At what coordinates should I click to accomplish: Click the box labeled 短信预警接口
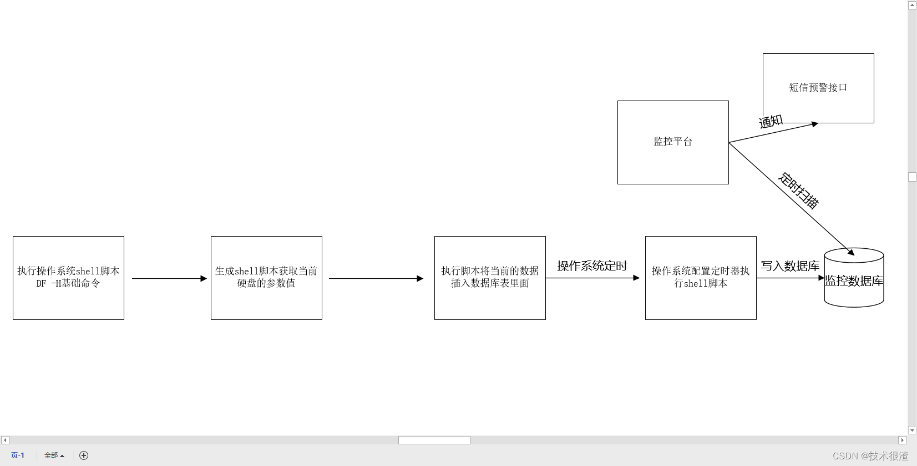(x=818, y=88)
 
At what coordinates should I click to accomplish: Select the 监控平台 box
(x=673, y=142)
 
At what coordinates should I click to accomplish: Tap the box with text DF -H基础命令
(x=68, y=278)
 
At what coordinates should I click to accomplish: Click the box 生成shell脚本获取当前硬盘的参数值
(x=266, y=278)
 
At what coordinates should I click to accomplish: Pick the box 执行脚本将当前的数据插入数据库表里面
(x=490, y=278)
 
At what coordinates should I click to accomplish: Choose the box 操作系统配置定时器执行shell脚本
(x=701, y=278)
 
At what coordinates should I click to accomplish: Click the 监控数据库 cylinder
(x=854, y=280)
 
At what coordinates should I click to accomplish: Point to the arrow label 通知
(x=771, y=121)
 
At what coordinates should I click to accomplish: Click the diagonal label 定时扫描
(x=798, y=191)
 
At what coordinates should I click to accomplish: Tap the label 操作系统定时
(x=592, y=266)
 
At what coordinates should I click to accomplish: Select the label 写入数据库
(x=790, y=266)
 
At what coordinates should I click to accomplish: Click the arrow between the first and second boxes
(x=169, y=278)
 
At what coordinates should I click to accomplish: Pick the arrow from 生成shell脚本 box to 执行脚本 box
(x=376, y=278)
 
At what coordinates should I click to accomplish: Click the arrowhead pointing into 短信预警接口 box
(x=814, y=124)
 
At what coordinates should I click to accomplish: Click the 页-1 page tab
(x=18, y=455)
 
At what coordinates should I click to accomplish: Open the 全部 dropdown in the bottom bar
(x=54, y=455)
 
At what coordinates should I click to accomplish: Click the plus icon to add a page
(x=84, y=455)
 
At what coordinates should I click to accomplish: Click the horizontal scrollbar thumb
(x=434, y=440)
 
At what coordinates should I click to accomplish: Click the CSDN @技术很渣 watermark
(x=870, y=456)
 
